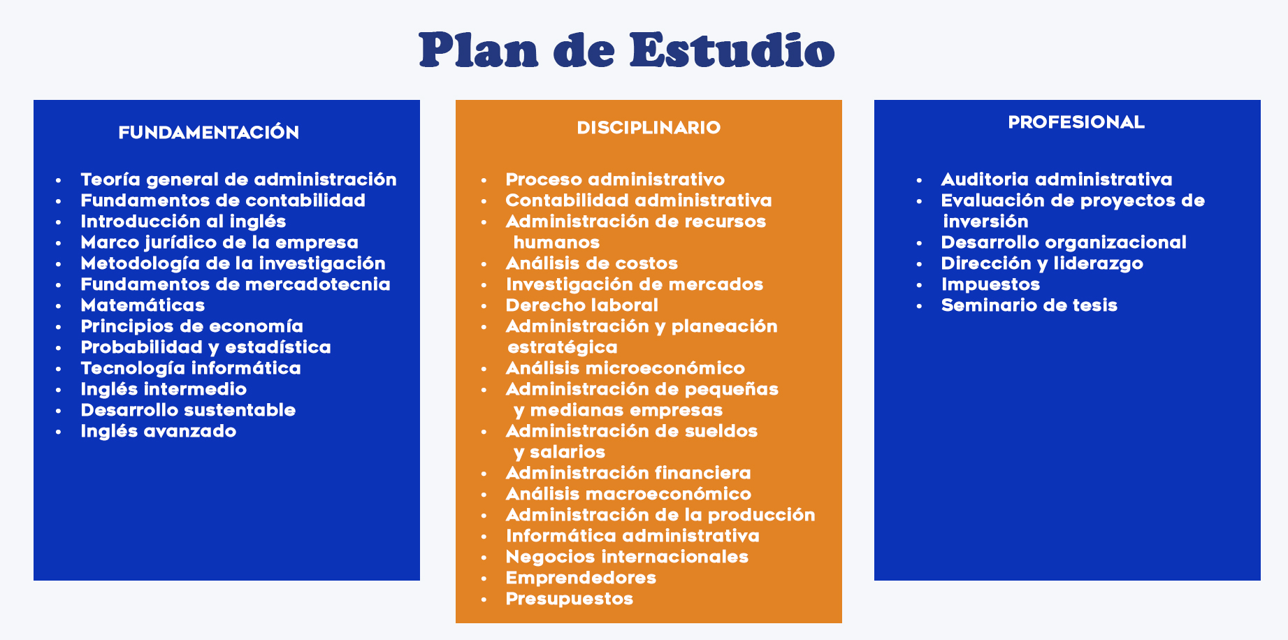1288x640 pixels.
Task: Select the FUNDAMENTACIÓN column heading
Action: [209, 132]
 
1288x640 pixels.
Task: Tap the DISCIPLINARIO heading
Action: [649, 127]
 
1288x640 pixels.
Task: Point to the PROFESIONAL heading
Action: [1076, 122]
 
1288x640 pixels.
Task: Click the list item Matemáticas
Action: [143, 305]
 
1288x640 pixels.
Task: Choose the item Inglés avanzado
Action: [159, 431]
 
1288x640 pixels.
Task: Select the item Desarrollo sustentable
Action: [188, 410]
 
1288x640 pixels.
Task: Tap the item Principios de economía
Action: [192, 326]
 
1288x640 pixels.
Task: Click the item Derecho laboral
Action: [582, 305]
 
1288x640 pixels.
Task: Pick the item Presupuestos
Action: [570, 599]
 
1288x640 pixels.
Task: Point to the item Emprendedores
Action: [581, 578]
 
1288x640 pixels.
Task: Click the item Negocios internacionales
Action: [627, 557]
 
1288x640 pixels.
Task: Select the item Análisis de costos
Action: [592, 263]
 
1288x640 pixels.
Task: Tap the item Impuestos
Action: [990, 284]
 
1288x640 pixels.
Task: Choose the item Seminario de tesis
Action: [1029, 305]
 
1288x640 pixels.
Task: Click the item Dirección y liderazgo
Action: [1042, 263]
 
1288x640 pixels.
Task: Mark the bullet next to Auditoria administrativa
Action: [920, 180]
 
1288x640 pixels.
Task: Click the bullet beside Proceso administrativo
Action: [484, 180]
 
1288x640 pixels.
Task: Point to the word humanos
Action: [556, 242]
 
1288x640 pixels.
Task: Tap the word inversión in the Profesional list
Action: [985, 221]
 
